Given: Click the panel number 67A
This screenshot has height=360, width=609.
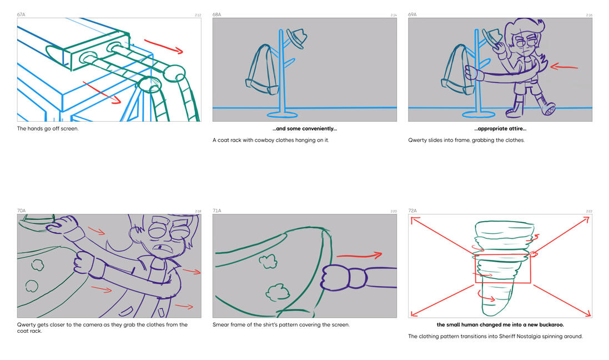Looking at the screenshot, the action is [x=21, y=14].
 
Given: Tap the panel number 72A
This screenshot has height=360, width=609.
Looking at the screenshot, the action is [x=412, y=211].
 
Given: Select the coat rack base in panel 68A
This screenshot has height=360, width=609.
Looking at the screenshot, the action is [x=283, y=114].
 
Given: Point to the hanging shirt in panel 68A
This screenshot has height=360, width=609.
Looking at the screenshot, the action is [x=263, y=69].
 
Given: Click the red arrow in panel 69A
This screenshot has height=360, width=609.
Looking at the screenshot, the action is [x=564, y=67].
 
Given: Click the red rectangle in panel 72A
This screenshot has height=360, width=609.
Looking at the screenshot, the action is [x=502, y=269].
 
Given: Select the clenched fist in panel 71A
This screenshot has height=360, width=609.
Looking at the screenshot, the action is [x=336, y=277].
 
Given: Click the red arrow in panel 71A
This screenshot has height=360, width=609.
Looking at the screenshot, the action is [x=359, y=256].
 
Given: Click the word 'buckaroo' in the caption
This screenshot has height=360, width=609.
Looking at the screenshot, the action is [x=551, y=324].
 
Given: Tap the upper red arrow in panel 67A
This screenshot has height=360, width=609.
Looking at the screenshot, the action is [x=164, y=46].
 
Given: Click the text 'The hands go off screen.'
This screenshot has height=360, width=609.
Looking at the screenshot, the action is [x=48, y=129].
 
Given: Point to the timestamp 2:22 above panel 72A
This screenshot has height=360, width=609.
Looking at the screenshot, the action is [x=589, y=211].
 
